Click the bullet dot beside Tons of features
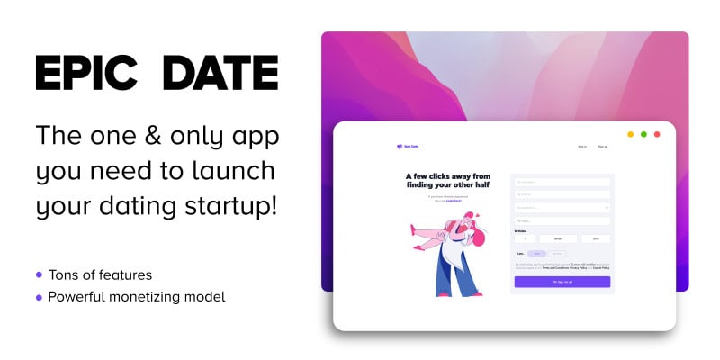(x=39, y=274)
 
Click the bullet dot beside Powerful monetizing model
(x=39, y=296)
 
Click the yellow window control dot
(x=631, y=134)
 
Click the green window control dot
(x=643, y=134)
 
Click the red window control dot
(x=657, y=134)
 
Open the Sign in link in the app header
(x=582, y=146)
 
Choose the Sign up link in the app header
(x=603, y=146)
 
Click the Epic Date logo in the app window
(x=407, y=147)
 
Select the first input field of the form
(x=562, y=181)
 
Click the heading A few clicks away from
(x=447, y=176)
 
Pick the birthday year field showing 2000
(x=595, y=238)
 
